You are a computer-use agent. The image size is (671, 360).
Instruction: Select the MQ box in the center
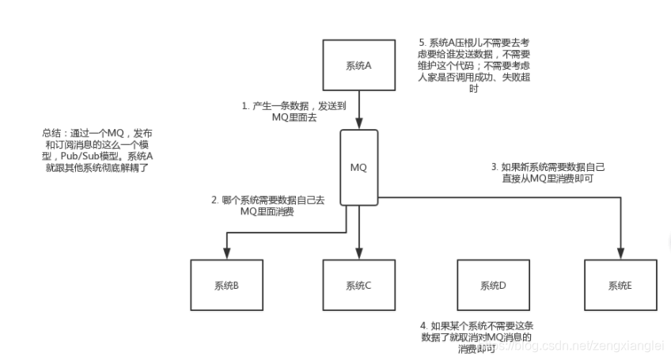(x=358, y=168)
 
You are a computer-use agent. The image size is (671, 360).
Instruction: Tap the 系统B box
(x=226, y=286)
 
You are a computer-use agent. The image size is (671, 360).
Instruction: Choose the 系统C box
(x=358, y=286)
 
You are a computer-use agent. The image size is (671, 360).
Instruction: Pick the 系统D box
(x=492, y=286)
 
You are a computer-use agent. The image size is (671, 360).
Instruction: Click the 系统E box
(x=619, y=286)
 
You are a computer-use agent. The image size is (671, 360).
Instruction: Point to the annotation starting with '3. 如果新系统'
(x=546, y=172)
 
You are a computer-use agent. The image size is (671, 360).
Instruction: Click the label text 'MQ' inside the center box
(x=358, y=168)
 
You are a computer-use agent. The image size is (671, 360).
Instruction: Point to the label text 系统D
(x=492, y=286)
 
